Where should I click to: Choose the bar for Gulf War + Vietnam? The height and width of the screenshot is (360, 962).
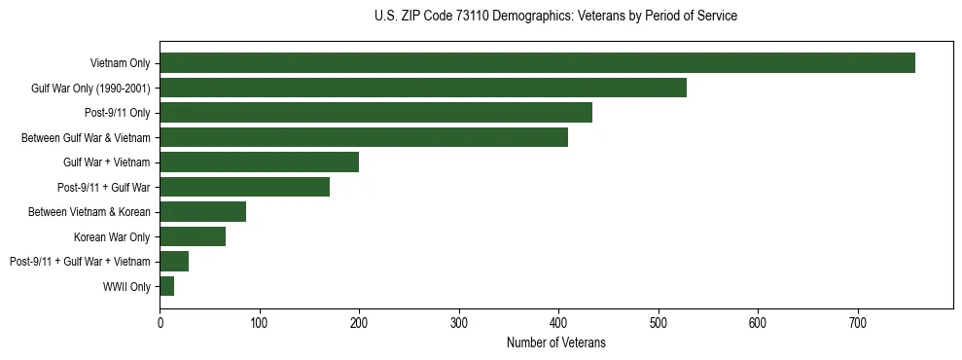click(x=259, y=162)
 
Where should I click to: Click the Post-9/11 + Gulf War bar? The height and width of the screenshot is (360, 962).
click(x=244, y=187)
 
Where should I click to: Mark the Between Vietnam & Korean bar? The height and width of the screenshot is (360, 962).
click(x=202, y=212)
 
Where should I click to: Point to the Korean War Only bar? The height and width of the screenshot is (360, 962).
click(x=193, y=236)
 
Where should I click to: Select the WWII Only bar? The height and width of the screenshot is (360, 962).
click(x=166, y=286)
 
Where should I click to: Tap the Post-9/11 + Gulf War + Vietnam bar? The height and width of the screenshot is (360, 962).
click(x=174, y=262)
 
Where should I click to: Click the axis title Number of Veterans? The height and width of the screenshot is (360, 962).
click(x=555, y=342)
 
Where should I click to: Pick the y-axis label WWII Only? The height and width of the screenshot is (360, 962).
click(x=126, y=287)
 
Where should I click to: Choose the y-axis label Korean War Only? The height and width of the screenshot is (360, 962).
click(x=112, y=237)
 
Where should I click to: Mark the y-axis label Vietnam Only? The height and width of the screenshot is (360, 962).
click(x=121, y=64)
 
